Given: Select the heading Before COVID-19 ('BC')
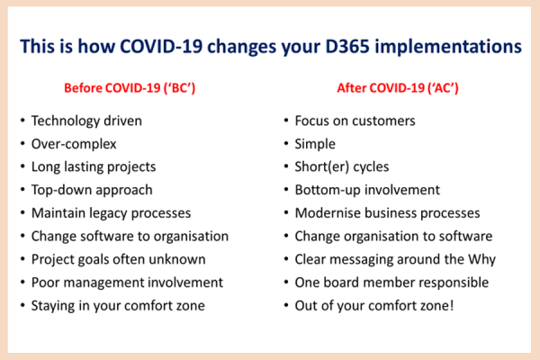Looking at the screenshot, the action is [130, 88].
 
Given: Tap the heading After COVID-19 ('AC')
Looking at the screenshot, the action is [398, 88].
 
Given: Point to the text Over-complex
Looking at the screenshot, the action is [74, 144].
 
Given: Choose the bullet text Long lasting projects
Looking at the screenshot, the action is [94, 167].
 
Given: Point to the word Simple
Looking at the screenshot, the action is [315, 144].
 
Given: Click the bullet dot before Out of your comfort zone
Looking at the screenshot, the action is [286, 305].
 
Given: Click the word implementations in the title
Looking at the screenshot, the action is [448, 47].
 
